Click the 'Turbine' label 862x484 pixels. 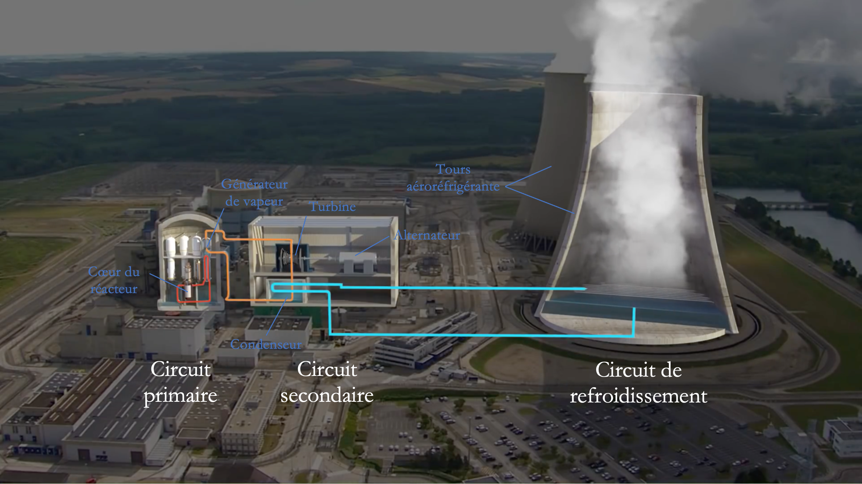tap(333, 207)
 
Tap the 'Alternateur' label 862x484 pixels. tap(427, 235)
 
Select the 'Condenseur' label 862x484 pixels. tap(266, 344)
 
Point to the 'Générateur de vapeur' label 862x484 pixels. tap(254, 193)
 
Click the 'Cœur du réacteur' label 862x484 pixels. tap(114, 280)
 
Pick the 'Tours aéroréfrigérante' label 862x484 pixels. tap(453, 178)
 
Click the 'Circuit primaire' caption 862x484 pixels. tap(180, 382)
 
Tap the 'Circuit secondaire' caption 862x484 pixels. tap(327, 382)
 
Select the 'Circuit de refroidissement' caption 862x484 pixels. tap(638, 383)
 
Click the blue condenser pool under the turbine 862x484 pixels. tap(285, 292)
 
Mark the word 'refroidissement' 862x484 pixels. tap(638, 396)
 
